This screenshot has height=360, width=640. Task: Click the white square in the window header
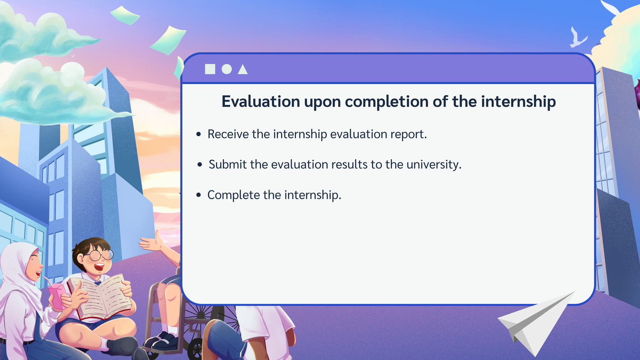(210, 69)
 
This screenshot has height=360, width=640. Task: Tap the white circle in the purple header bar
(226, 69)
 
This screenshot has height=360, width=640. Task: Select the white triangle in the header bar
(242, 69)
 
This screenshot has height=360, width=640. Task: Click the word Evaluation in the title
(260, 102)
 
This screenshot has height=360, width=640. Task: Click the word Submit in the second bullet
(228, 164)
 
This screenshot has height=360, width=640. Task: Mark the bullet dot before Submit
(200, 164)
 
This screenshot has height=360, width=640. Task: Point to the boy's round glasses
(100, 254)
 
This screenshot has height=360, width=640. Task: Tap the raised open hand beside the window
(152, 243)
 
